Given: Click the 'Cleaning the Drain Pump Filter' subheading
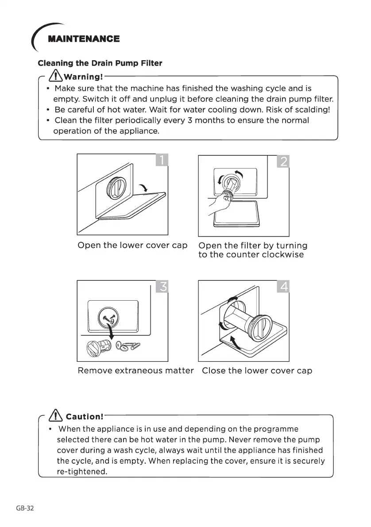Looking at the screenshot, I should pyautogui.click(x=100, y=63).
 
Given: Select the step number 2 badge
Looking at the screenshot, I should pyautogui.click(x=283, y=162).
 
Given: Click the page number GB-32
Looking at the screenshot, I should pyautogui.click(x=25, y=508).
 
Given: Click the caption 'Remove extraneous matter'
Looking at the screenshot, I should pyautogui.click(x=135, y=370).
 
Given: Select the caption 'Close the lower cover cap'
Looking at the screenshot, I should pyautogui.click(x=257, y=370).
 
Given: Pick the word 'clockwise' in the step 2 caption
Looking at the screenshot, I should pyautogui.click(x=282, y=255).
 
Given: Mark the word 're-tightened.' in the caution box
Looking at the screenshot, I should pyautogui.click(x=82, y=472).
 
